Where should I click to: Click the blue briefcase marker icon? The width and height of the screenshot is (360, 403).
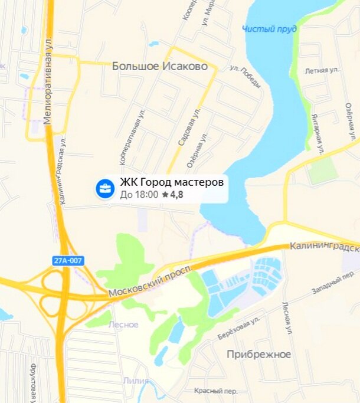[105, 189]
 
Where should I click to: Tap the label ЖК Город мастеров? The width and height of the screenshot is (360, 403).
[172, 182]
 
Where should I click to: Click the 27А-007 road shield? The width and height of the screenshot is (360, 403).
[68, 260]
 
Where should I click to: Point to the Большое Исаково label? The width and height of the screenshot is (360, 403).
[159, 67]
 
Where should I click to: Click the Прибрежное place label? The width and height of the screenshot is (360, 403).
[259, 354]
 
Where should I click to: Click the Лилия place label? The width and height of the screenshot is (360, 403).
[136, 381]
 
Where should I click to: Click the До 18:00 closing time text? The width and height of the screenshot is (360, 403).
[139, 194]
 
